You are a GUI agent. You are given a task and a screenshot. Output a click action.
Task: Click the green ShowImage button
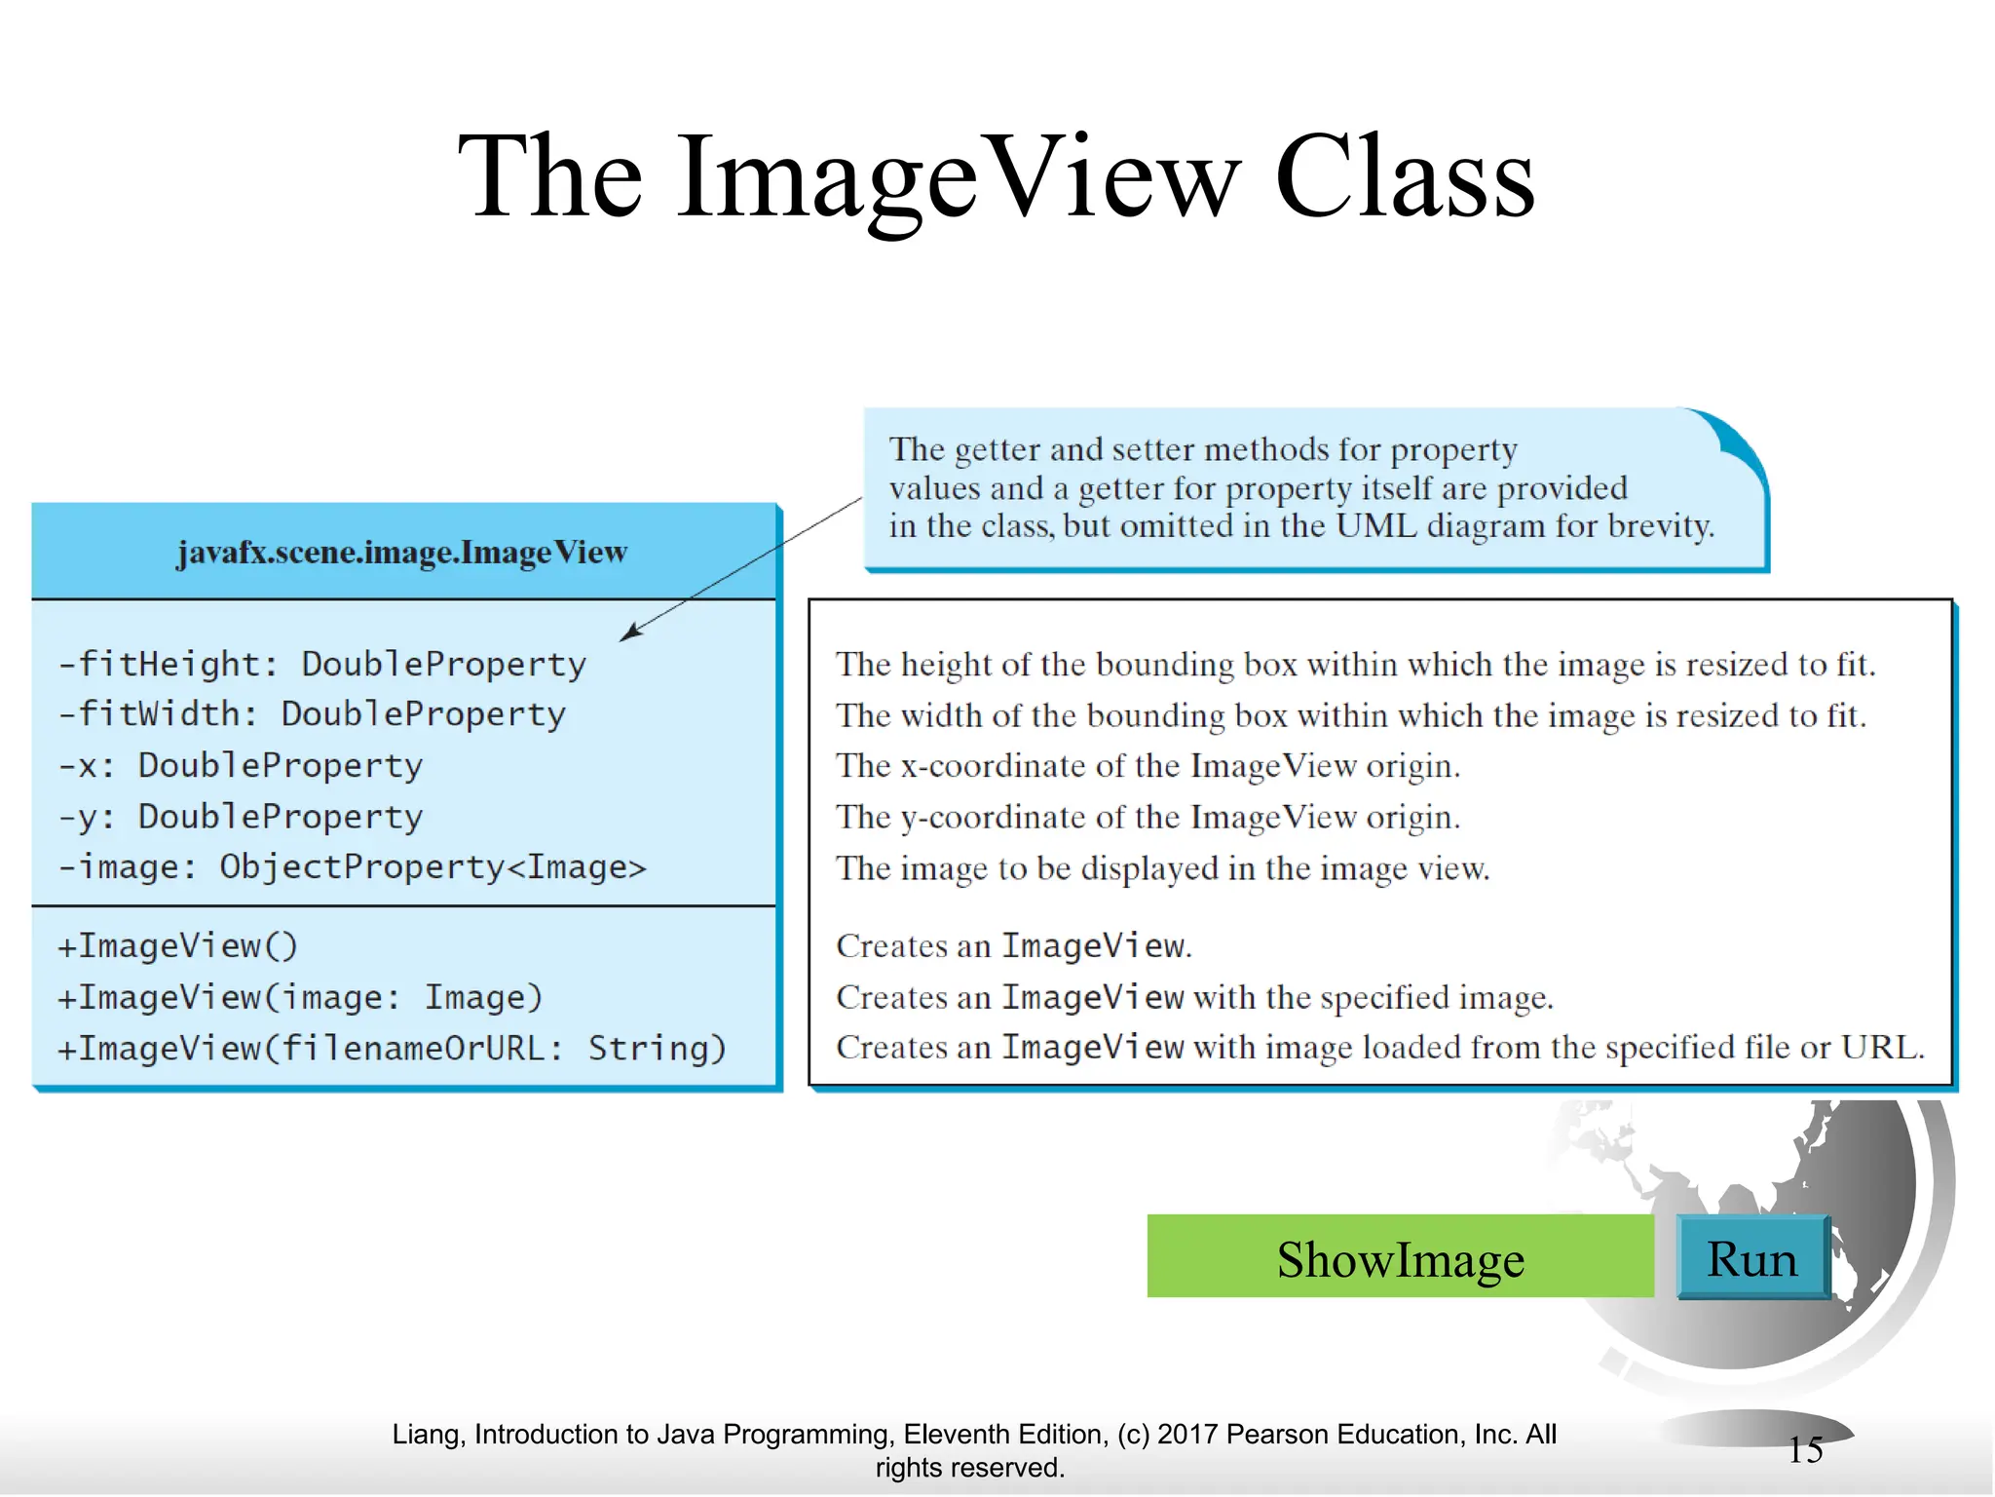1400,1257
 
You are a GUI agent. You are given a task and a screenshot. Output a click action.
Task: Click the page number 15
1805,1450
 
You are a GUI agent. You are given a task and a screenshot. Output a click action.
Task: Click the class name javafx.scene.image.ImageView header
402,553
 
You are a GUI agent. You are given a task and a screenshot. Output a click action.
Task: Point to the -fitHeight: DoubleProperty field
322,665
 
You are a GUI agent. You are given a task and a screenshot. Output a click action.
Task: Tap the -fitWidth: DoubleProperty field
312,714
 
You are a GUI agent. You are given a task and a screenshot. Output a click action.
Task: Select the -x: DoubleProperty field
241,766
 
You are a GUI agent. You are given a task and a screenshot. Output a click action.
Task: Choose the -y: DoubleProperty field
241,817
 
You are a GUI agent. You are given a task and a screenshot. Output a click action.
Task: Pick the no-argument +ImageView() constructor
177,946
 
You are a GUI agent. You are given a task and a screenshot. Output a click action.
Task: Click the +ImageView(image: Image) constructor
300,998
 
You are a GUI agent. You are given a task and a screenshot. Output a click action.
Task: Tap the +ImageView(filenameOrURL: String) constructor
392,1049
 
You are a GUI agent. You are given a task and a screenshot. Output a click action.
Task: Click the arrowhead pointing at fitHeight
630,633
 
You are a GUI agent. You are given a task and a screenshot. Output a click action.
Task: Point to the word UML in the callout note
1375,526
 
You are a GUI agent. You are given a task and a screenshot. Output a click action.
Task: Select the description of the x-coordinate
1148,766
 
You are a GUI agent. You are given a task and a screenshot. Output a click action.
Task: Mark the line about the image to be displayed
1162,868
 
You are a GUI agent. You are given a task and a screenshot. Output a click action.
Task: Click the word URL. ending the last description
1882,1048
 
